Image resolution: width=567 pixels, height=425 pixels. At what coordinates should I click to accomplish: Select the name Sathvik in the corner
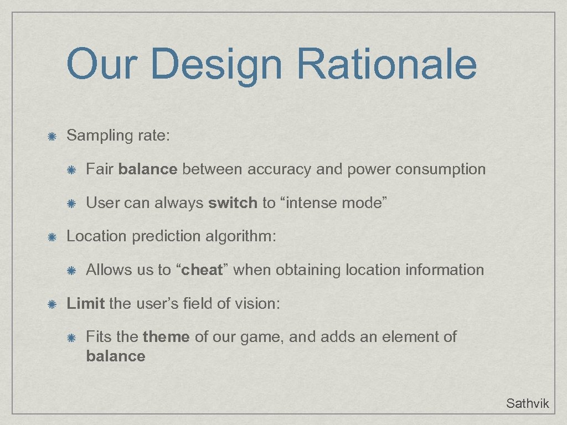tap(527, 403)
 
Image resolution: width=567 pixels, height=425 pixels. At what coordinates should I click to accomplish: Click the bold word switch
tap(233, 203)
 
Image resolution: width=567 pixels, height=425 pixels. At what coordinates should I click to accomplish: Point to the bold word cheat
tap(202, 270)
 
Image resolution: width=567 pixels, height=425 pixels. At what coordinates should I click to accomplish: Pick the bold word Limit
tap(86, 303)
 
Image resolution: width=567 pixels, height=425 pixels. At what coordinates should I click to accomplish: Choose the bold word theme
tap(166, 336)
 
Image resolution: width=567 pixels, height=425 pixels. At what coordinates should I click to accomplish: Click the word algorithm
tap(241, 236)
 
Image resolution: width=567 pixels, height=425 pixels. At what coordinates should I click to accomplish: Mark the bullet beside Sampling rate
tap(51, 136)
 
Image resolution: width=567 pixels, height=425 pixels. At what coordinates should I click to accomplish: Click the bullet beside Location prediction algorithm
tap(51, 237)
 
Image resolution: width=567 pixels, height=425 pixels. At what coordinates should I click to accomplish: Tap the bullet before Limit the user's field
tap(51, 304)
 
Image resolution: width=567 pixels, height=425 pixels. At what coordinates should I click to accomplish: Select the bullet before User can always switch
tap(71, 204)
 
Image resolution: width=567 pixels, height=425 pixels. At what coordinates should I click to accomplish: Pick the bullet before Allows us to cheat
tap(71, 271)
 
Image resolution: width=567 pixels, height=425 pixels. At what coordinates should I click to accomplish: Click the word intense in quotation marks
tap(312, 203)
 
